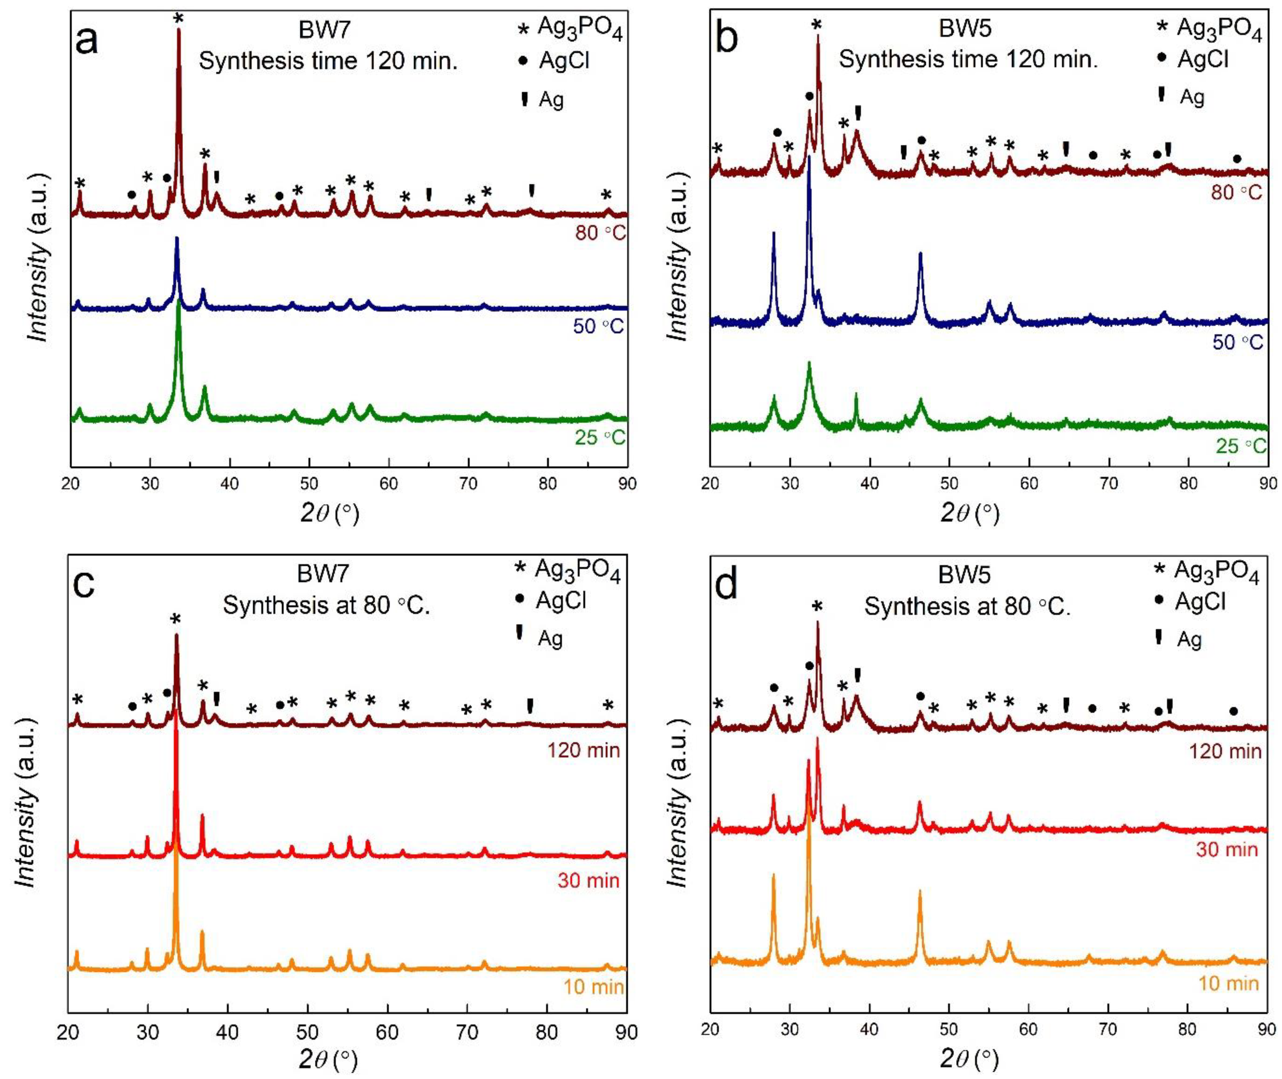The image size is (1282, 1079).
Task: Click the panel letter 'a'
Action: pyautogui.click(x=86, y=42)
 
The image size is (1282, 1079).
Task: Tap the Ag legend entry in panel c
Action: pyautogui.click(x=538, y=638)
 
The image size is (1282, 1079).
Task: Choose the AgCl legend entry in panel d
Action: pyautogui.click(x=1190, y=602)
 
